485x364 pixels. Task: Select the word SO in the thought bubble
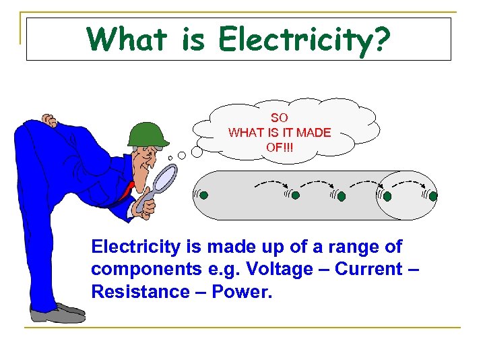pyautogui.click(x=279, y=118)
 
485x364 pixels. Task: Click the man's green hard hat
pyautogui.click(x=147, y=133)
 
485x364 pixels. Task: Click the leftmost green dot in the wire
pyautogui.click(x=203, y=195)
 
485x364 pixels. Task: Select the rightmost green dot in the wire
pyautogui.click(x=432, y=196)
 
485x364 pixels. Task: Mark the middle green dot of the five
pyautogui.click(x=342, y=196)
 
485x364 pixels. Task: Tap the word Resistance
pyautogui.click(x=140, y=293)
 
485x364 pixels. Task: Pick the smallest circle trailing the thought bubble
pyautogui.click(x=170, y=158)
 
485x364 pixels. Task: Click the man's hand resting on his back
pyautogui.click(x=48, y=121)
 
